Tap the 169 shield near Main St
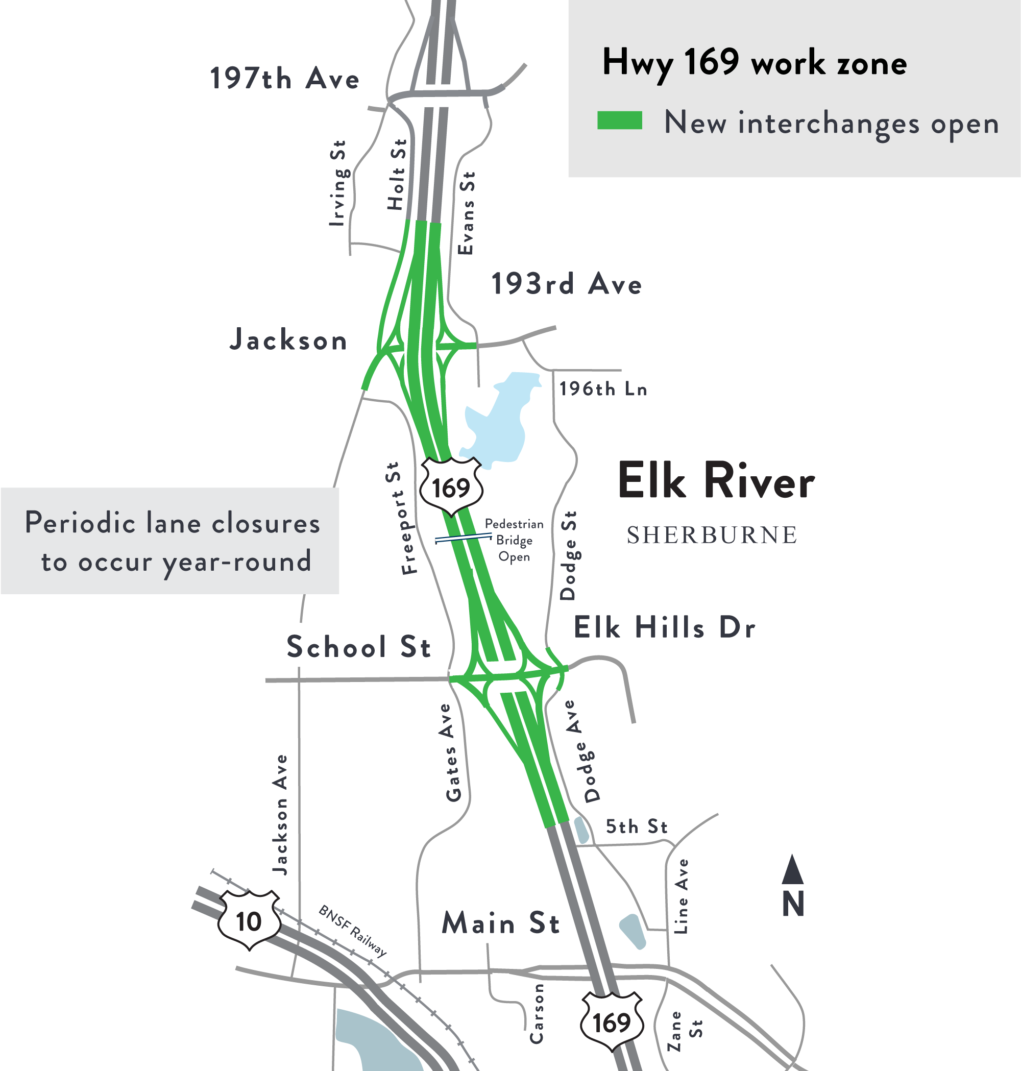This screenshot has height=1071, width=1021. (612, 1022)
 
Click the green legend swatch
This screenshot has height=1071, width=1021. (619, 120)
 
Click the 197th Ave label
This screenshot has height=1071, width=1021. (285, 79)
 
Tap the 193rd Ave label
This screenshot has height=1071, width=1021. (567, 284)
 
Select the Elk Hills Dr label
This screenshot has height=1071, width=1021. (665, 627)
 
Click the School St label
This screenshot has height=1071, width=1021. (359, 647)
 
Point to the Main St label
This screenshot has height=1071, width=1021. (501, 923)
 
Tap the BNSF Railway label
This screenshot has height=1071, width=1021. (353, 931)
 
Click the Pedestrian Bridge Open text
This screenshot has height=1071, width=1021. (514, 540)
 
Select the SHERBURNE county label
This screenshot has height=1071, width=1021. (712, 535)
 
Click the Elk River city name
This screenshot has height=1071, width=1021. (716, 481)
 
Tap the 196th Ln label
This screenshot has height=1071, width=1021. (603, 389)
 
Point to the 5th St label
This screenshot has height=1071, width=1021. (636, 826)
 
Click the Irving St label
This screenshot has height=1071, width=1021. (337, 183)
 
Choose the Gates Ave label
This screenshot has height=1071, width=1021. (452, 752)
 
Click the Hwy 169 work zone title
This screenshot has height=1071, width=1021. (755, 63)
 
